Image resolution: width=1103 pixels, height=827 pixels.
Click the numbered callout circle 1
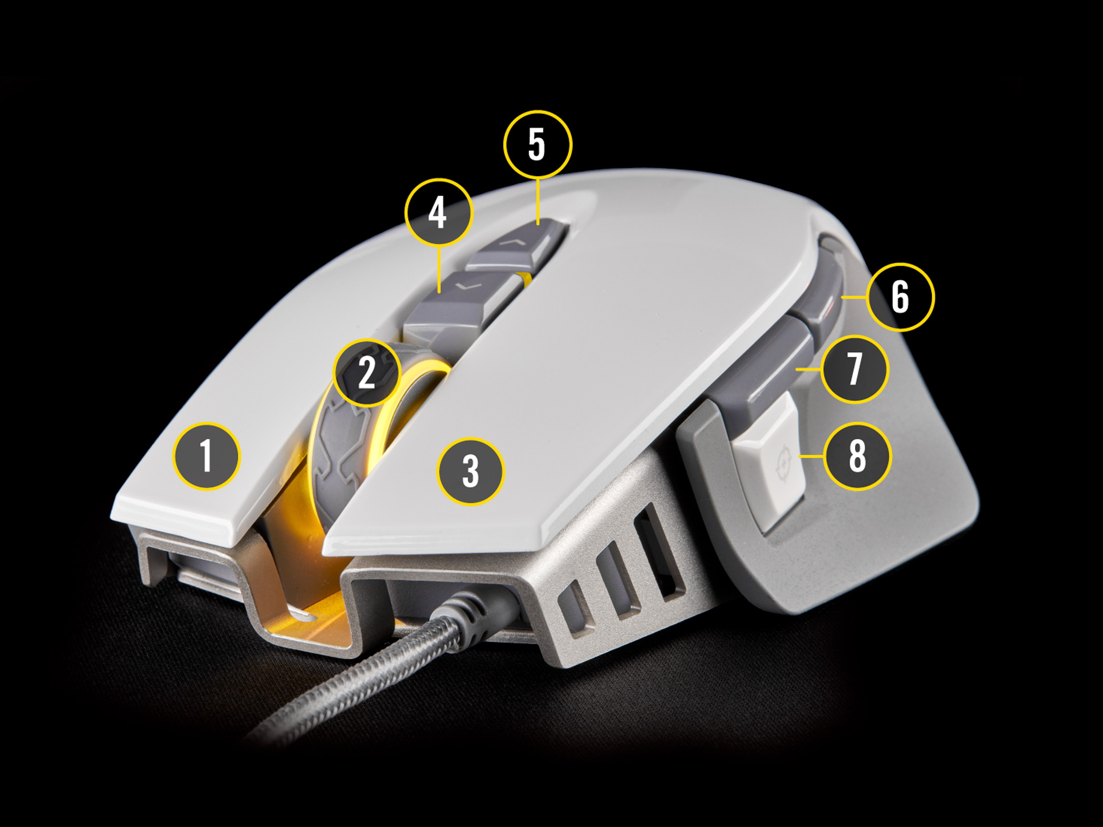(206, 456)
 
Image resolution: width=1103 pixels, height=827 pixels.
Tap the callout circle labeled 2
(367, 373)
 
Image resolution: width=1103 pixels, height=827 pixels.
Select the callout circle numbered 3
(470, 471)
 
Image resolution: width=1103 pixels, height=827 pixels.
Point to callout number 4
(438, 212)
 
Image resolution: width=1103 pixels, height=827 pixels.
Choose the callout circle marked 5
(537, 145)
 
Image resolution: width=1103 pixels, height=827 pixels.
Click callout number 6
(900, 297)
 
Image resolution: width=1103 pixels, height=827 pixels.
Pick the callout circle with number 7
(854, 369)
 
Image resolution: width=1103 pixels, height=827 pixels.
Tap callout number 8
(856, 456)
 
